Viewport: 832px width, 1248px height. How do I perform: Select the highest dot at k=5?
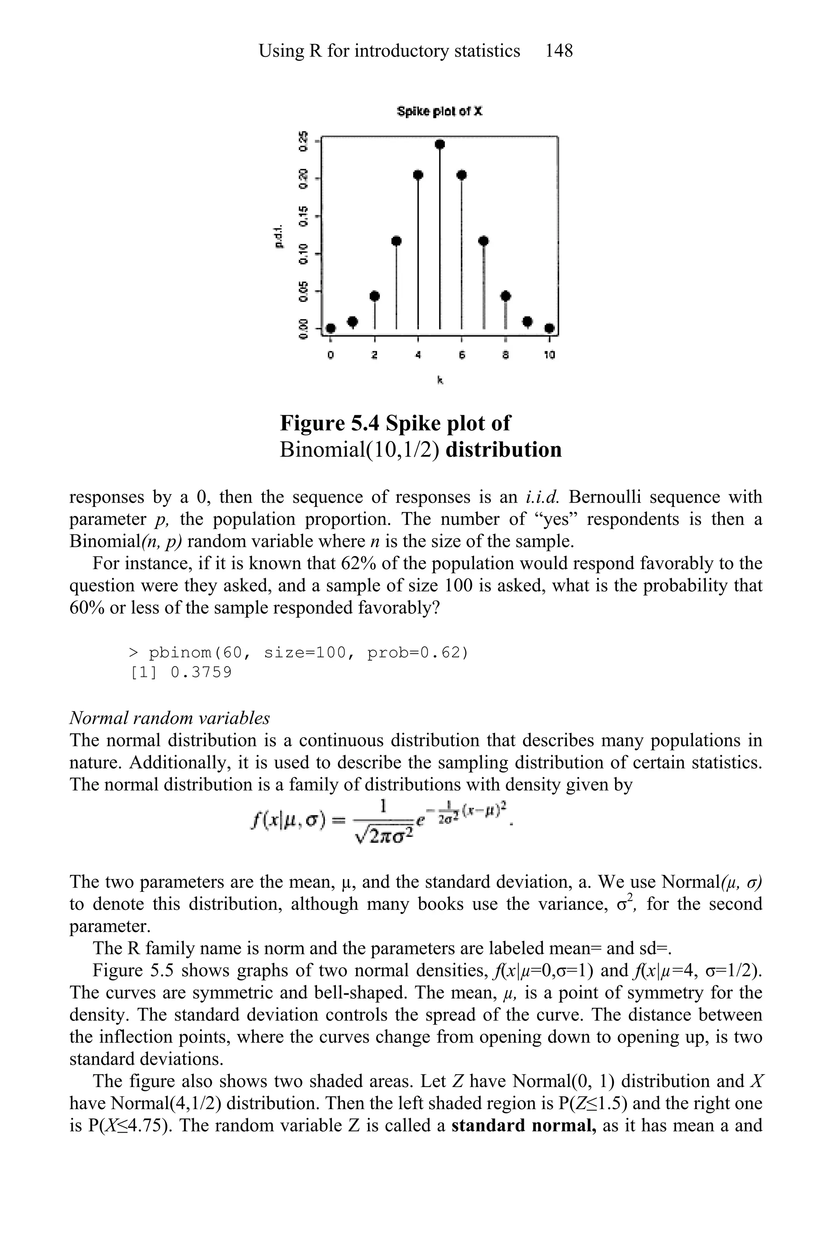point(440,144)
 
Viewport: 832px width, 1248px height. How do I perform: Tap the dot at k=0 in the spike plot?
point(331,328)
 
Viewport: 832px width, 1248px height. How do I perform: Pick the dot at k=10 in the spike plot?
point(550,328)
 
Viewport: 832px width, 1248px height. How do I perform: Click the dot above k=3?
point(396,241)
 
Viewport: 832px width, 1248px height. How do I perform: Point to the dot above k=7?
point(483,241)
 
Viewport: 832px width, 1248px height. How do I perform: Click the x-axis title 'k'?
point(440,380)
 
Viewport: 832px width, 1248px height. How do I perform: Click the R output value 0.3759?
point(201,673)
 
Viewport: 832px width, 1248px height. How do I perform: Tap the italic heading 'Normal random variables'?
point(170,718)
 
